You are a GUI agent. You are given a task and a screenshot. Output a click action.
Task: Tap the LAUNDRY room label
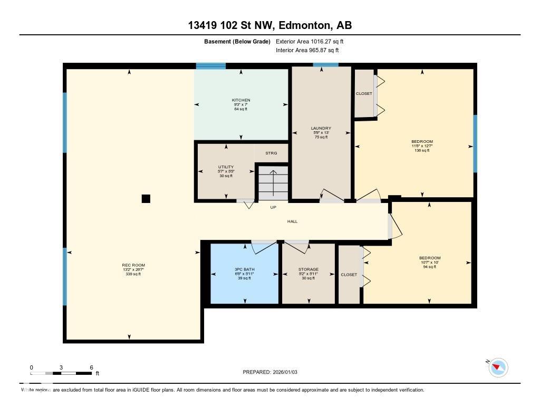(x=321, y=132)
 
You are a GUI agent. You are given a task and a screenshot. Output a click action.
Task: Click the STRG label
(x=271, y=153)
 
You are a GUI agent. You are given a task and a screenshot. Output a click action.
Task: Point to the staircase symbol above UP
(x=273, y=182)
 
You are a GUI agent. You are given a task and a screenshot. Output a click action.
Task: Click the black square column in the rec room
(x=146, y=199)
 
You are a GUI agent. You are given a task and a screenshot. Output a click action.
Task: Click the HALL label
(x=292, y=221)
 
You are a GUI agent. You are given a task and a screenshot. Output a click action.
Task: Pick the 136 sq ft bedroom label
(x=422, y=146)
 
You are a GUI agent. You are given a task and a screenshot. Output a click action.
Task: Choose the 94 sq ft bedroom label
(x=429, y=263)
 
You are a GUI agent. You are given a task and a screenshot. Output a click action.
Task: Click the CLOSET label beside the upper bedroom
(x=364, y=94)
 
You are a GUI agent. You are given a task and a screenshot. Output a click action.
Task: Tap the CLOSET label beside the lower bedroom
(x=349, y=275)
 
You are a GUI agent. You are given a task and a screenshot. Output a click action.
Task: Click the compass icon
(x=498, y=367)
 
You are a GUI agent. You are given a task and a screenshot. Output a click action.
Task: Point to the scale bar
(x=61, y=373)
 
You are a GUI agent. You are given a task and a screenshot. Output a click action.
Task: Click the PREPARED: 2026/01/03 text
(x=270, y=372)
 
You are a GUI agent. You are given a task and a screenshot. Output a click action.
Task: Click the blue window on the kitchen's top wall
(x=211, y=66)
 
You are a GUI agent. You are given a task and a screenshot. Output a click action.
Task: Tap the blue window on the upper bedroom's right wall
(x=475, y=143)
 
